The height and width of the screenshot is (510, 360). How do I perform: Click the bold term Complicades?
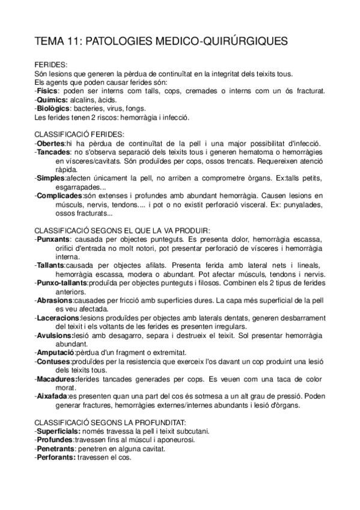(x=59, y=195)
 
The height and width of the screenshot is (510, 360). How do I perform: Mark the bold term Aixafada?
(x=53, y=396)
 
